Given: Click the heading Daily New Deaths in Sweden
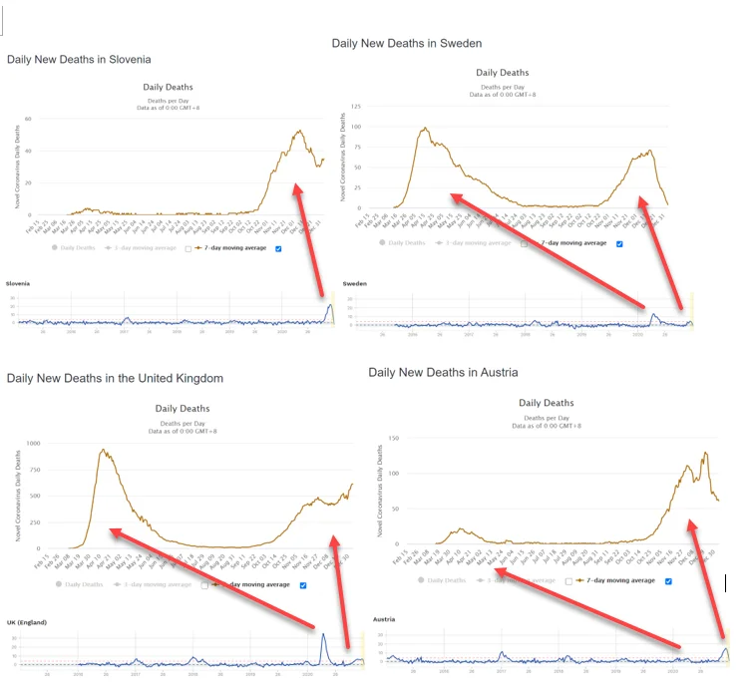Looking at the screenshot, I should pyautogui.click(x=407, y=44).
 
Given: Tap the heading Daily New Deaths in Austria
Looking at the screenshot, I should pyautogui.click(x=443, y=373).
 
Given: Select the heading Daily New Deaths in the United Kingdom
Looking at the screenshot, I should pyautogui.click(x=115, y=379).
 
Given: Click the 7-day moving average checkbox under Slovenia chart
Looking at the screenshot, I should pyautogui.click(x=278, y=247).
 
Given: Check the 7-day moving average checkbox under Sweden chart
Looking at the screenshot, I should pyautogui.click(x=619, y=242).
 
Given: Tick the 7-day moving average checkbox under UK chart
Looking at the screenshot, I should pyautogui.click(x=303, y=585).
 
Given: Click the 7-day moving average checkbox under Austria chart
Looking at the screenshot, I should pyautogui.click(x=667, y=580).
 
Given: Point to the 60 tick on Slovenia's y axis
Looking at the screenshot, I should pyautogui.click(x=29, y=119).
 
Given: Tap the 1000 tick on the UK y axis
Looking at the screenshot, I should pyautogui.click(x=31, y=443).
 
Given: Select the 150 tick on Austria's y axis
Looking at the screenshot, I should pyautogui.click(x=394, y=438).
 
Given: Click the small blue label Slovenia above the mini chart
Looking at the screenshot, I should pyautogui.click(x=18, y=283).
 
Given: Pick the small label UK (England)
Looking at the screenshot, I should pyautogui.click(x=27, y=623).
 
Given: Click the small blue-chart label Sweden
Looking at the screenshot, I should pyautogui.click(x=355, y=283).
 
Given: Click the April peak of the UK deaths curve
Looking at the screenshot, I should pyautogui.click(x=103, y=450).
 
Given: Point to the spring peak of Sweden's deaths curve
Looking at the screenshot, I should pyautogui.click(x=425, y=128).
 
